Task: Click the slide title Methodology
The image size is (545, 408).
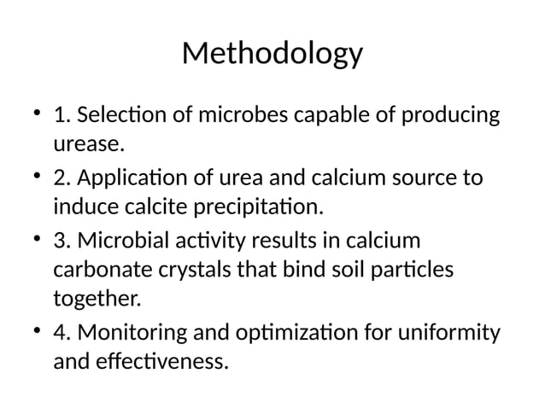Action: tap(272, 55)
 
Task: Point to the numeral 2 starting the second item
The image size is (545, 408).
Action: tap(59, 179)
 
